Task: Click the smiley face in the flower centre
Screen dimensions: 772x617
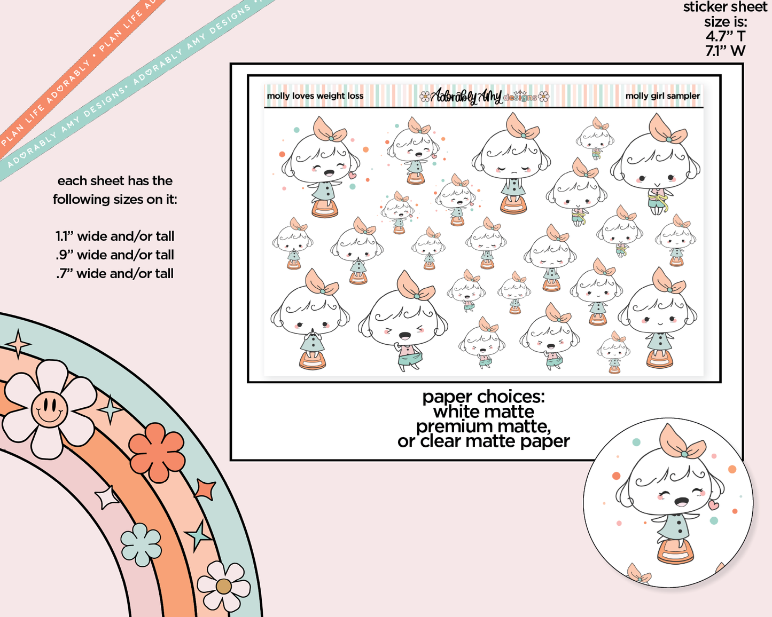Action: click(49, 409)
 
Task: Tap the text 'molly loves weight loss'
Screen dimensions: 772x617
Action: click(315, 96)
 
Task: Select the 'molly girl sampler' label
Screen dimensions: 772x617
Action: click(662, 96)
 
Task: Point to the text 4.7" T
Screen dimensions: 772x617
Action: click(726, 36)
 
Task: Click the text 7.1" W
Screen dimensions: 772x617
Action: click(726, 51)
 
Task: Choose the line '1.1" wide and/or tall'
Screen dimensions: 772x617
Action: click(115, 236)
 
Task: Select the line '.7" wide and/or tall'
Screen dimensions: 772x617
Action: click(115, 274)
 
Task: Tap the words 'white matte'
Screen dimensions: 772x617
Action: click(484, 412)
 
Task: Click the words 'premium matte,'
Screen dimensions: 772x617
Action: click(484, 426)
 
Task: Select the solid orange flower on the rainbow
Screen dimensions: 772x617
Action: click(157, 453)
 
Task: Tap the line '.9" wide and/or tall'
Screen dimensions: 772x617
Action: click(115, 255)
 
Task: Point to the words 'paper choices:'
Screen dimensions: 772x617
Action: click(484, 397)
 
